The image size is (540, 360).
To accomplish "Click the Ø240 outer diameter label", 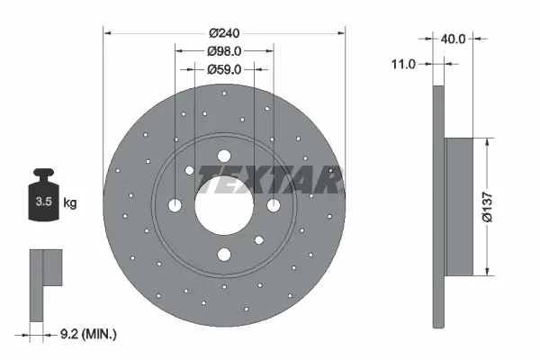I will (225, 33).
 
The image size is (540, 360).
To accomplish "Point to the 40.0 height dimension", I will (452, 39).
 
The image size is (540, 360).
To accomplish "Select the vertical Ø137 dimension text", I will (486, 206).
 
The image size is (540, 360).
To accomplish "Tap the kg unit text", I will (69, 202).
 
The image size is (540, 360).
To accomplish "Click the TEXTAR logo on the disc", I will (267, 179).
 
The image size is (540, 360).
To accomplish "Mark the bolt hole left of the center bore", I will (175, 205).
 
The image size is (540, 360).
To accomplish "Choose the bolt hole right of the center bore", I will (275, 205).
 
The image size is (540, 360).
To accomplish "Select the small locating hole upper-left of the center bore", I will (190, 170).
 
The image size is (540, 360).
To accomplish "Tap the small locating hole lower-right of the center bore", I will (259, 239).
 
